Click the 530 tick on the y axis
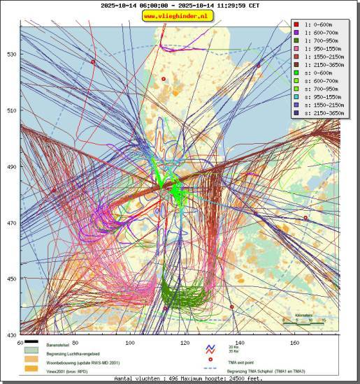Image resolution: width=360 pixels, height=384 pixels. [12, 54]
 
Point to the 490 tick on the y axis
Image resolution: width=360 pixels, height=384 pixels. [12, 167]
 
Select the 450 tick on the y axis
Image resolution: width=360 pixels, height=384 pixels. [12, 279]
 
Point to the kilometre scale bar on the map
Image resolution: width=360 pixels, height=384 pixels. [303, 323]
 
